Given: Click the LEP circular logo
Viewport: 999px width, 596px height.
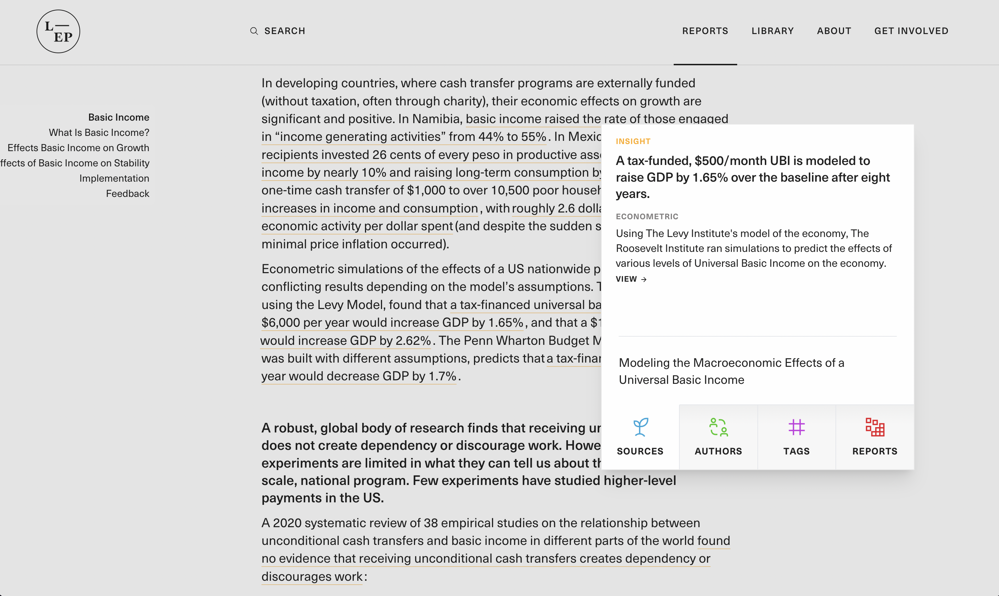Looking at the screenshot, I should coord(58,31).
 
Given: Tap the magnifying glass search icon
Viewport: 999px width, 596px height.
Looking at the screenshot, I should coord(254,31).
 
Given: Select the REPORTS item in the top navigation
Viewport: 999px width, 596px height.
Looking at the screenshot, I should coord(705,31).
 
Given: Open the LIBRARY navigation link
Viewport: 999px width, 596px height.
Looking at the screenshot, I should coord(773,31).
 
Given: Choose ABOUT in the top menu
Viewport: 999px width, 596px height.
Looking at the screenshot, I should coord(834,31).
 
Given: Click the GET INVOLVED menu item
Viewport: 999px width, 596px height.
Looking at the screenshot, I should coord(911,31).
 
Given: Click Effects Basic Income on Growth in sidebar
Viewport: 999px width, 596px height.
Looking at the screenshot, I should coord(78,148).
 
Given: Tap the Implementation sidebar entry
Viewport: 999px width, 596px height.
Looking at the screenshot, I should coord(114,178).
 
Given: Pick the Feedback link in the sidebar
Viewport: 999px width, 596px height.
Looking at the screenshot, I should coord(127,194).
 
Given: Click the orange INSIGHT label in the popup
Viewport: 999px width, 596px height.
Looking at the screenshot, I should coord(633,141).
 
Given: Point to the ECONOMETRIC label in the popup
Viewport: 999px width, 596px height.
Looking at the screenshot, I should coord(647,216).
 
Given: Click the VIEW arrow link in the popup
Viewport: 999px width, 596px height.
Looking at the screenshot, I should coord(631,279).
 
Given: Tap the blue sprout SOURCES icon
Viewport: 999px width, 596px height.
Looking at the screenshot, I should coord(640,427).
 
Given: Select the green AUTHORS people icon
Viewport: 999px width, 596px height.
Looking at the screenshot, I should coord(718,427).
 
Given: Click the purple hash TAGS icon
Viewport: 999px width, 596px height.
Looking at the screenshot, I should coord(796,427).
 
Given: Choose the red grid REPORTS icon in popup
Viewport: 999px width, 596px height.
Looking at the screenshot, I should coord(874,427).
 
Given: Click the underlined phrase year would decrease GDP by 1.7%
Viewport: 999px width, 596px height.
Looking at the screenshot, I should coord(359,376).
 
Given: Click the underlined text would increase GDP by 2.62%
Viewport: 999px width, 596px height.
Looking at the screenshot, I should coord(345,341).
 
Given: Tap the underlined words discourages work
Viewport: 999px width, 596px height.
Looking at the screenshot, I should coord(311,577).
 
